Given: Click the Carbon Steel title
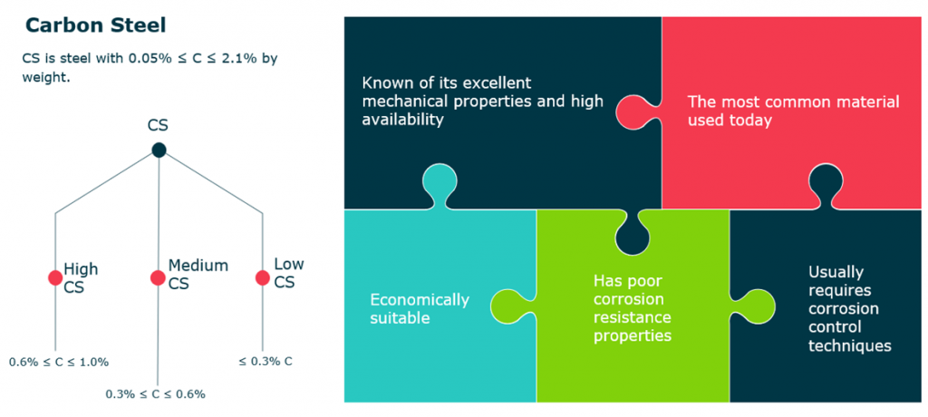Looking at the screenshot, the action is [x=95, y=25].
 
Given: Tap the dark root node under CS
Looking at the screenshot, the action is [x=159, y=150].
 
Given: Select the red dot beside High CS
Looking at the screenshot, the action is [x=55, y=277].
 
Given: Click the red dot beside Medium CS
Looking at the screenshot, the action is [x=158, y=277].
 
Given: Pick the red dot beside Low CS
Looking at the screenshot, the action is [x=262, y=277].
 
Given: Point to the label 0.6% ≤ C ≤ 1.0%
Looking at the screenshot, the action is [x=59, y=362].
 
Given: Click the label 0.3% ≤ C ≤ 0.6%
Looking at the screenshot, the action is [x=156, y=394].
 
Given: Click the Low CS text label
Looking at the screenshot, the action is [x=289, y=273].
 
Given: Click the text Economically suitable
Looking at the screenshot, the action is [x=420, y=308].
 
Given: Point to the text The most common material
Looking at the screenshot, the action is [x=793, y=102].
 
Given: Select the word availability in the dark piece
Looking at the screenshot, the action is [x=402, y=121].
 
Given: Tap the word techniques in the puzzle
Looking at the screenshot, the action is [x=850, y=346].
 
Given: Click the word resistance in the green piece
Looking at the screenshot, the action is [x=633, y=317].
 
